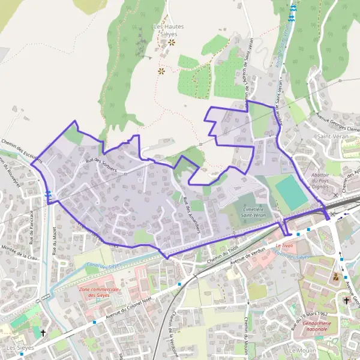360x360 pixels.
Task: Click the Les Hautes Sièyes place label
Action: pos(169,30)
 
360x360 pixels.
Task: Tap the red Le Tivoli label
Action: pos(284,246)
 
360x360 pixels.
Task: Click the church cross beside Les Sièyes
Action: pos(43,332)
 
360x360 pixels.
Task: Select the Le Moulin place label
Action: pos(302,350)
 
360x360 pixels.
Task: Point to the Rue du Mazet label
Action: pos(55,240)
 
